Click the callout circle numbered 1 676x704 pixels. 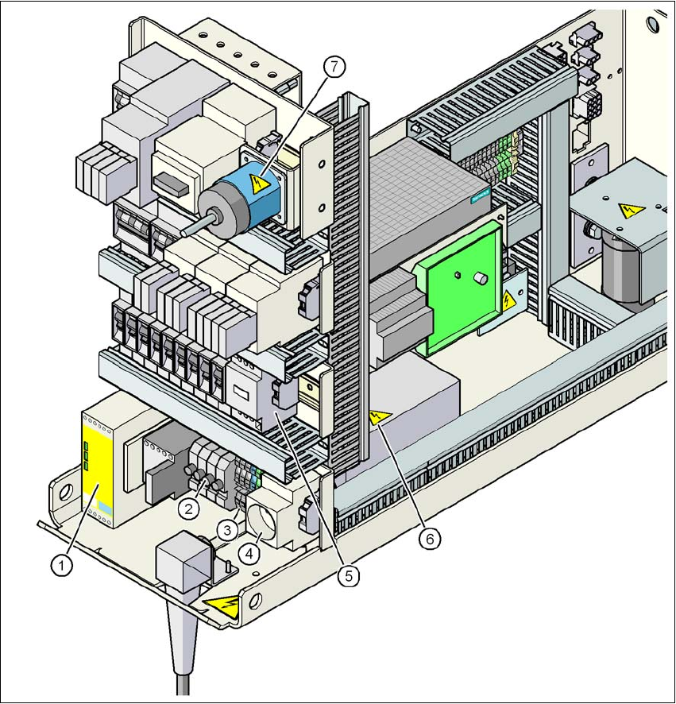coord(60,565)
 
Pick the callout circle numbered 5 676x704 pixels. coord(347,574)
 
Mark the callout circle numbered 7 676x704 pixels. coord(334,68)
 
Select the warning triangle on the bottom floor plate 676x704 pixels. coord(222,608)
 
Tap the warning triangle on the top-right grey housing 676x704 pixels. coord(631,211)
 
